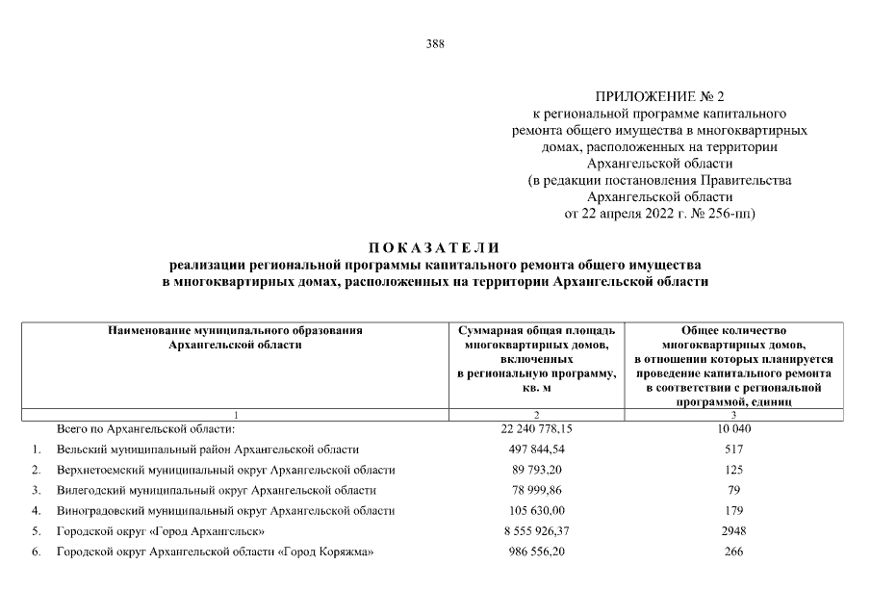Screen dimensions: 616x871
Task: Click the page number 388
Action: coord(435,43)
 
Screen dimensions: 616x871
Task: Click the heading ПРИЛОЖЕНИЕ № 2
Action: coord(658,96)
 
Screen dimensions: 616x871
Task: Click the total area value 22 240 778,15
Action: coord(536,428)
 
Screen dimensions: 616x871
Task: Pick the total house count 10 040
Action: coord(734,428)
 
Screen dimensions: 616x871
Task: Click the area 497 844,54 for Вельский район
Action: coord(536,449)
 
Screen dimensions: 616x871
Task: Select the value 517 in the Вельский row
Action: coord(734,449)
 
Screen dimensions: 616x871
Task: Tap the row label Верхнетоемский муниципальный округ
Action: coord(225,470)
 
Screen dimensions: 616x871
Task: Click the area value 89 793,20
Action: coord(536,470)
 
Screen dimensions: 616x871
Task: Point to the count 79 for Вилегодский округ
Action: coord(734,490)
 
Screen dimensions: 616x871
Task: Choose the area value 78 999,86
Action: coord(536,490)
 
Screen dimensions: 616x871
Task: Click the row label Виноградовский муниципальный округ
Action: coord(225,510)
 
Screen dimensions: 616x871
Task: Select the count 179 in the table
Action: coord(734,510)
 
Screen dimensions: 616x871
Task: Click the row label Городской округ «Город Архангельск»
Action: coord(161,531)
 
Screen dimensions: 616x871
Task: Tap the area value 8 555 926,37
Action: coord(536,531)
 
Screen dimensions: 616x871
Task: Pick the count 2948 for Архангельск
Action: coord(734,531)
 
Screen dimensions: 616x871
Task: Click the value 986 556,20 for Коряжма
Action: coord(536,552)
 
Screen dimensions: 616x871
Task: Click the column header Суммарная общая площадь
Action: coord(536,330)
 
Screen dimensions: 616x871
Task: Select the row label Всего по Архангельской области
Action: coord(145,428)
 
